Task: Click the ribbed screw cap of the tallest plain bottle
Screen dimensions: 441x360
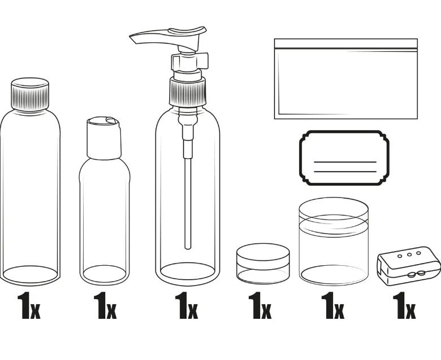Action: point(30,94)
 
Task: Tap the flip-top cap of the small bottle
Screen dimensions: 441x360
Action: point(105,138)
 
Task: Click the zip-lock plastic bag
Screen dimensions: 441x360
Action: point(346,79)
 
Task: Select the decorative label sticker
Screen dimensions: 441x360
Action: point(344,158)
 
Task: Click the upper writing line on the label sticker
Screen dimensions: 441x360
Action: point(345,162)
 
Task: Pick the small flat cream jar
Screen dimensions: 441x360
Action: point(263,263)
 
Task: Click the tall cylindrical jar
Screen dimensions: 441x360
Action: point(334,241)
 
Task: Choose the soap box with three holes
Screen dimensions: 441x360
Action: point(408,266)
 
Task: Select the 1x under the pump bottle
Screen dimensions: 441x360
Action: point(187,305)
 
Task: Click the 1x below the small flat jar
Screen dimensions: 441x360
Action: point(260,305)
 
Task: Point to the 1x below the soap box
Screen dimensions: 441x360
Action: point(404,305)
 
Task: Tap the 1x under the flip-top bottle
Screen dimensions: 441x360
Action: point(105,305)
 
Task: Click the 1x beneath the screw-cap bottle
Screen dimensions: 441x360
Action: point(29,305)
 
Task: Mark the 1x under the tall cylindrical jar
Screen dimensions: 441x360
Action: point(332,305)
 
